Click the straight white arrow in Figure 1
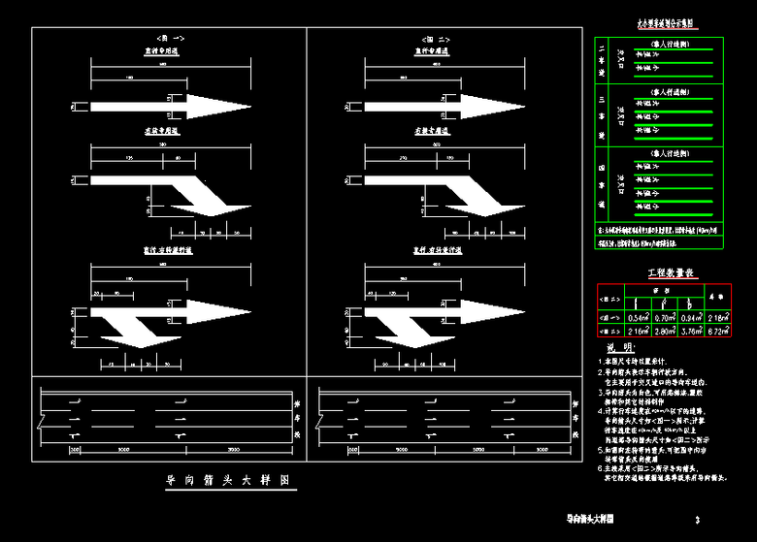coord(146,104)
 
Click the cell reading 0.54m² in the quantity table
coord(638,316)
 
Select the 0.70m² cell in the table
coord(665,316)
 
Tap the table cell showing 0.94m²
coord(690,316)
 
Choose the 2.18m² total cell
coord(716,316)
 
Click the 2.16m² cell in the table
coord(638,331)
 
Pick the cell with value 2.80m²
coord(665,331)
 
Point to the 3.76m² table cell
coord(690,331)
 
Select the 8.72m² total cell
coord(716,331)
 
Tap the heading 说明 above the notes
coord(619,347)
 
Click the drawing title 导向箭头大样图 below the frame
coord(228,481)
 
